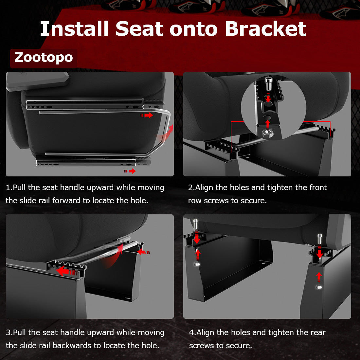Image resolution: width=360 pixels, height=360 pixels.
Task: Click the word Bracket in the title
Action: click(265, 29)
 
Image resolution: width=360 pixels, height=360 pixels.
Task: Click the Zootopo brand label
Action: click(44, 58)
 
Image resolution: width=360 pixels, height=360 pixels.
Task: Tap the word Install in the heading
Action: click(74, 29)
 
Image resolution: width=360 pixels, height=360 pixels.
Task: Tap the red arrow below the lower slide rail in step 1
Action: click(130, 171)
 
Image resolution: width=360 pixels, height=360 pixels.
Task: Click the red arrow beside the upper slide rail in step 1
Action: click(147, 115)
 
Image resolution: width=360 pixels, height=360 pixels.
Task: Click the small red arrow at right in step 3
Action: click(143, 252)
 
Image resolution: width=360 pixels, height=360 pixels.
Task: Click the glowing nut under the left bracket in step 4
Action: click(197, 264)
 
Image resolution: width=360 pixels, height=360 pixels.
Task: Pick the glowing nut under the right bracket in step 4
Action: click(319, 287)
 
